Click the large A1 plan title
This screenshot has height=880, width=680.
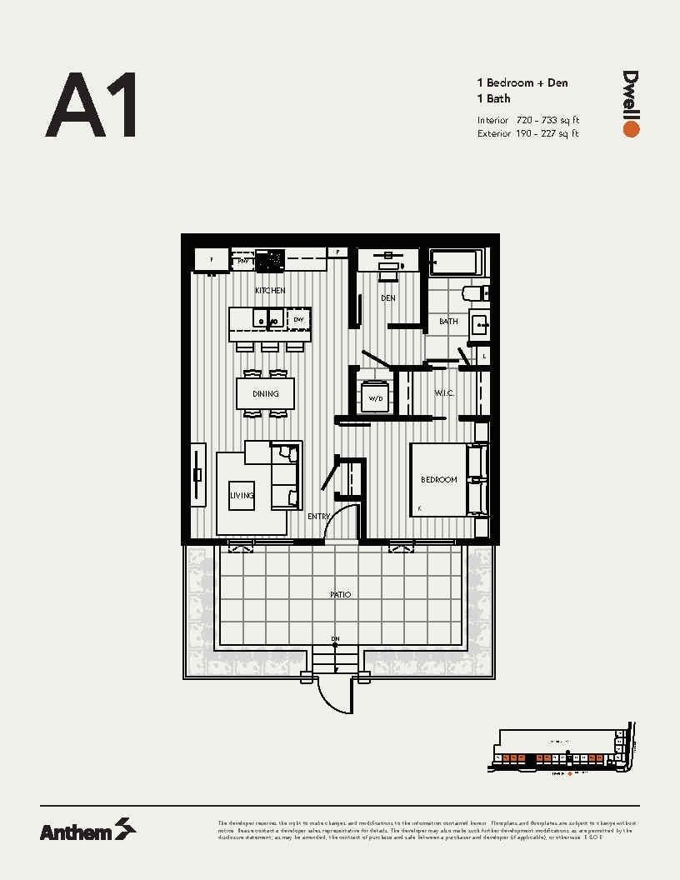pyautogui.click(x=91, y=105)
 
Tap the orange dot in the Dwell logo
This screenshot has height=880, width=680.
pyautogui.click(x=631, y=129)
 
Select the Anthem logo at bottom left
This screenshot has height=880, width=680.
pyautogui.click(x=87, y=830)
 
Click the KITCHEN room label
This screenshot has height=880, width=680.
pyautogui.click(x=270, y=291)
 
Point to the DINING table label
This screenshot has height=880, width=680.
pyautogui.click(x=266, y=393)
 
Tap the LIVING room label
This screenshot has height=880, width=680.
pyautogui.click(x=242, y=495)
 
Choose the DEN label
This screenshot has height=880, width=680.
pyautogui.click(x=388, y=297)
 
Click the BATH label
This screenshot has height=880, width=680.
pyautogui.click(x=448, y=321)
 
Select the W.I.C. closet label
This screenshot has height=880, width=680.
pyautogui.click(x=443, y=392)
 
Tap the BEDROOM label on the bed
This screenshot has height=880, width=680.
pyautogui.click(x=438, y=480)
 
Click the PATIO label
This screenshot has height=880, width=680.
pyautogui.click(x=340, y=594)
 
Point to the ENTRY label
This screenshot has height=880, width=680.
pyautogui.click(x=318, y=517)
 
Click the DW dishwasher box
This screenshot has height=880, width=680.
pyautogui.click(x=298, y=319)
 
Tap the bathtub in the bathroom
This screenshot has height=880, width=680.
pyautogui.click(x=455, y=262)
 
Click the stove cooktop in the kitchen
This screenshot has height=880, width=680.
pyautogui.click(x=270, y=261)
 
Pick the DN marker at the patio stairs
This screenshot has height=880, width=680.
pyautogui.click(x=336, y=640)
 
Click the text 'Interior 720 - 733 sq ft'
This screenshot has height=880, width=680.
pyautogui.click(x=528, y=121)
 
